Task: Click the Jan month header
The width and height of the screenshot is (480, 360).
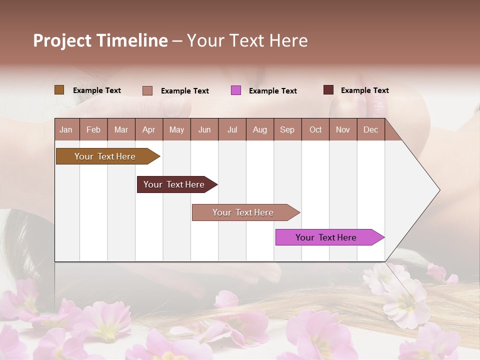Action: tap(66, 130)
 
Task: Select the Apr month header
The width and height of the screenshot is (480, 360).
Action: tap(148, 130)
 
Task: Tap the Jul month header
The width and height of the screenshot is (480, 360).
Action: tap(232, 130)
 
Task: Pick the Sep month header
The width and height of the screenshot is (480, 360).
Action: tap(287, 130)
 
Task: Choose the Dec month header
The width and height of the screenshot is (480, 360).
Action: tap(370, 130)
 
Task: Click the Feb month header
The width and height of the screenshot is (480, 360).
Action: tap(93, 130)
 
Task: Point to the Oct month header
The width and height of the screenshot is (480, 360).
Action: tap(315, 130)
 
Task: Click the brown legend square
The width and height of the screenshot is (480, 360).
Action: tap(59, 90)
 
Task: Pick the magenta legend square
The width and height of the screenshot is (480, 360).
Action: tap(236, 90)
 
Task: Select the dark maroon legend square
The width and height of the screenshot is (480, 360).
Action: tap(328, 90)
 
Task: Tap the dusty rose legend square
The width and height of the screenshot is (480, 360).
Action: tap(147, 90)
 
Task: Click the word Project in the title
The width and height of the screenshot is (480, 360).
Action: tap(61, 40)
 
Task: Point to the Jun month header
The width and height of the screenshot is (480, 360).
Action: tap(204, 130)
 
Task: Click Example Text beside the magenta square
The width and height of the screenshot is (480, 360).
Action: tap(272, 91)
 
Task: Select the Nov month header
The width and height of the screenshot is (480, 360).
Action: tap(343, 130)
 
